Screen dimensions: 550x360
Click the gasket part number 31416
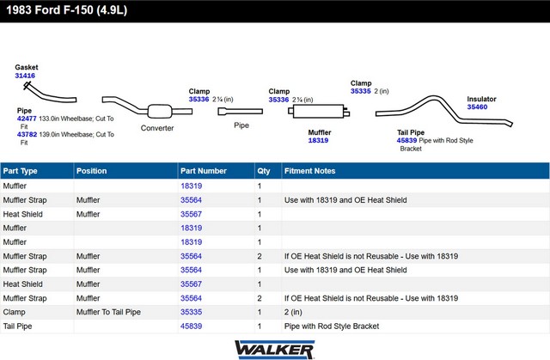tap(25, 76)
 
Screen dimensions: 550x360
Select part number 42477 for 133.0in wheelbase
tap(27, 119)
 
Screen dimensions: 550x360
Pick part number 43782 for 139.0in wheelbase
tap(27, 134)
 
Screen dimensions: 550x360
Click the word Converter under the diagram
tap(157, 128)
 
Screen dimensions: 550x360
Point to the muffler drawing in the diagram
tap(319, 111)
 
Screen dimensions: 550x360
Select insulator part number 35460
tap(477, 107)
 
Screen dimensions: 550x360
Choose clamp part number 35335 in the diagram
tap(361, 91)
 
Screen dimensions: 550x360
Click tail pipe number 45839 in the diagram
tap(406, 140)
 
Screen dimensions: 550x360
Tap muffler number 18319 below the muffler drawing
tap(318, 140)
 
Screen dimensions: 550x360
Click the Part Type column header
tap(20, 171)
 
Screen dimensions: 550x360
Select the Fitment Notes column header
tap(309, 171)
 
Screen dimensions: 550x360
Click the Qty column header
tap(264, 171)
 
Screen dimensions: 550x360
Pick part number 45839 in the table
tap(191, 326)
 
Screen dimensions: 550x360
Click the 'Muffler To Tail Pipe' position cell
tap(108, 312)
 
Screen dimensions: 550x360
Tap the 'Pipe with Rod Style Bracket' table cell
tap(332, 326)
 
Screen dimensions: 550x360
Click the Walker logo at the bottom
tap(275, 350)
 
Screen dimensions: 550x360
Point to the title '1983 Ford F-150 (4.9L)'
tap(67, 9)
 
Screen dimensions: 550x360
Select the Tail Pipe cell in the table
tap(17, 326)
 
